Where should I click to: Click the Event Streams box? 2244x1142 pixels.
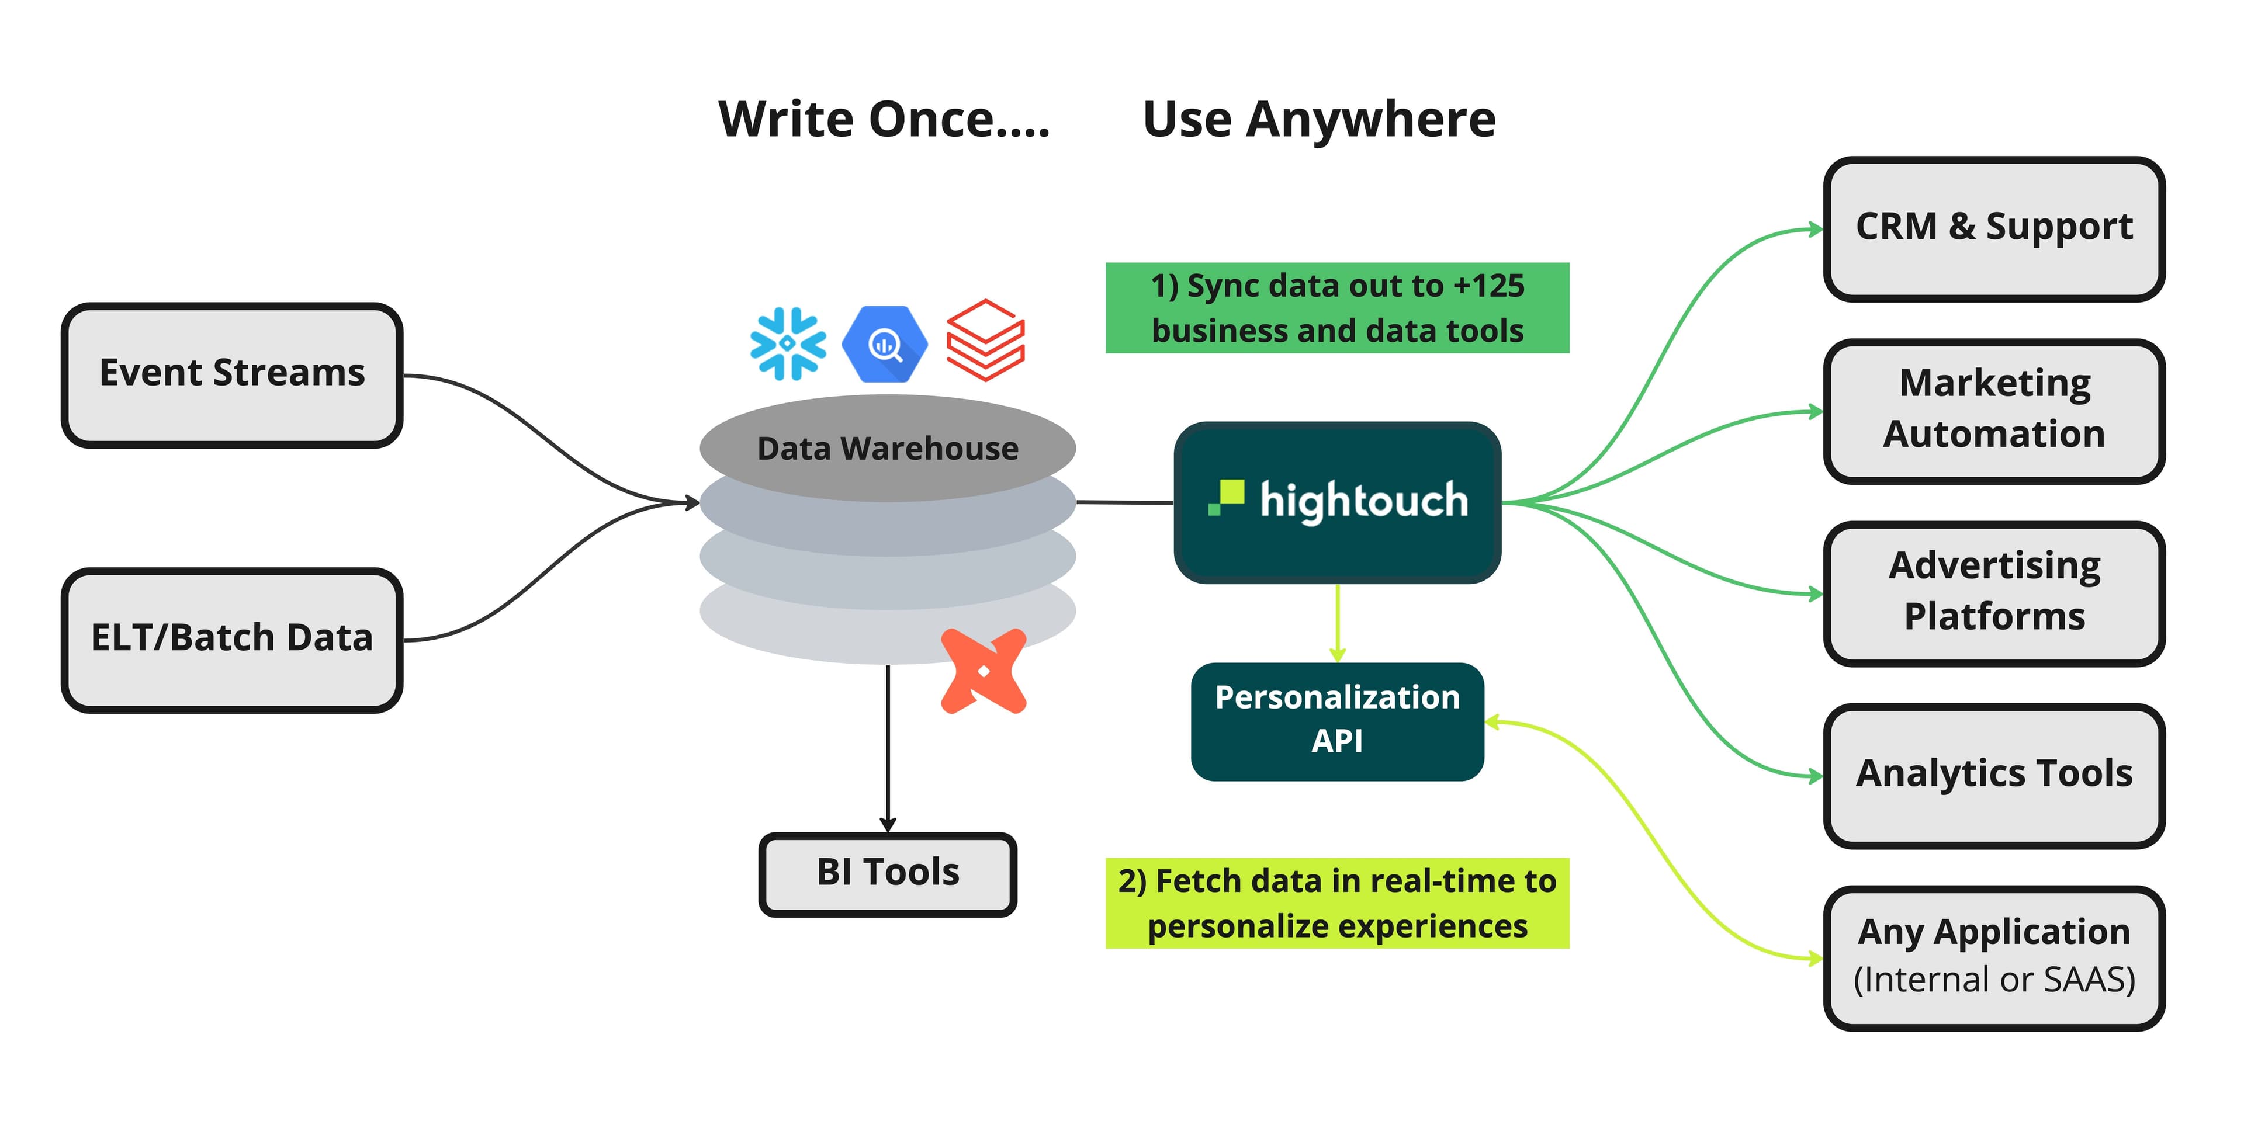click(232, 374)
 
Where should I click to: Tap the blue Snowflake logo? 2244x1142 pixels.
click(788, 343)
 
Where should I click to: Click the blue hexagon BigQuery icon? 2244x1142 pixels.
click(884, 344)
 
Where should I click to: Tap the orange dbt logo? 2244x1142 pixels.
click(984, 671)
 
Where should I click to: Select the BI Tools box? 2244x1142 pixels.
click(887, 873)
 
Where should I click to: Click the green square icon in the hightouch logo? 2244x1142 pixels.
click(1227, 497)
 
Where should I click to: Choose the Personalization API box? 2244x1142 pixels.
click(1336, 720)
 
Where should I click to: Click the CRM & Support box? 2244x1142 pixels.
click(1993, 228)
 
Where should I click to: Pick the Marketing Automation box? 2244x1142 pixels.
click(1993, 410)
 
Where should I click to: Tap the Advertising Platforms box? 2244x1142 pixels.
click(1993, 592)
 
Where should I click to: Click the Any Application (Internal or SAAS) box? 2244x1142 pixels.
click(1993, 956)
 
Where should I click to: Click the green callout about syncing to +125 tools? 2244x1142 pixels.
click(1336, 307)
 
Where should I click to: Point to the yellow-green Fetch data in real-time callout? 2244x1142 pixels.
click(1336, 903)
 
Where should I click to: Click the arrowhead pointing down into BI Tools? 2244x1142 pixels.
click(888, 824)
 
